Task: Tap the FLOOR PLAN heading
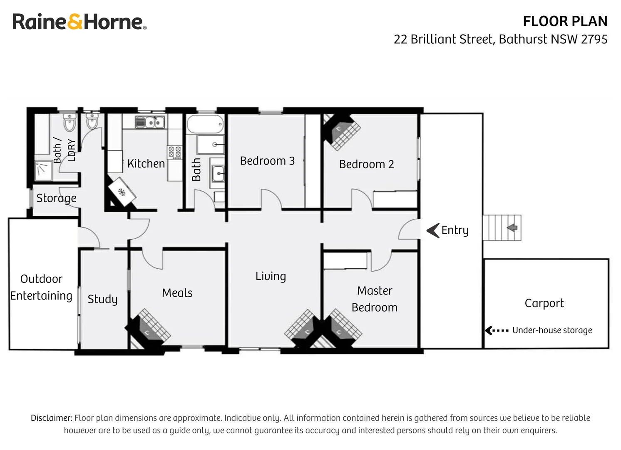point(565,21)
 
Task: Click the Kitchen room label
point(146,163)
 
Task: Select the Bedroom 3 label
point(267,161)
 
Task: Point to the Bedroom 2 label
point(367,164)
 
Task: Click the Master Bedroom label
point(375,299)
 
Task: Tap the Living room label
point(271,276)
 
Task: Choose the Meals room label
point(177,293)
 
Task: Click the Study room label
point(102,299)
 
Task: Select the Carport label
point(544,303)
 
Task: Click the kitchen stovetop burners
point(175,152)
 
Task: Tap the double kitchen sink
point(150,122)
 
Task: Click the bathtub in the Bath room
point(205,124)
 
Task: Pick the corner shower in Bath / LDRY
point(44,170)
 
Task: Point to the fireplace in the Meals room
point(148,329)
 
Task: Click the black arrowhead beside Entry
point(433,230)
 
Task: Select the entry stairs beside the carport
point(502,227)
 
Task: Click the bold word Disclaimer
point(52,418)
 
